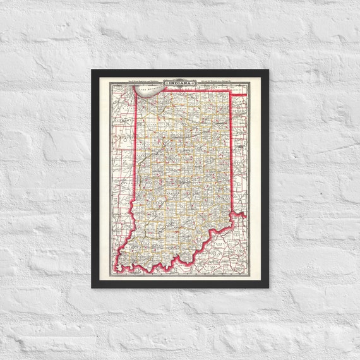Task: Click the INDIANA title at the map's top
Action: coord(180,82)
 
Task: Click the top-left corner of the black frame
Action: coord(92,70)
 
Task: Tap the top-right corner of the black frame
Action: coord(268,70)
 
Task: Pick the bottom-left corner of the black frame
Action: coord(92,287)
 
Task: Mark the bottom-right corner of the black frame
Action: coord(268,287)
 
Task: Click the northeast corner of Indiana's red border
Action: coord(229,91)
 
